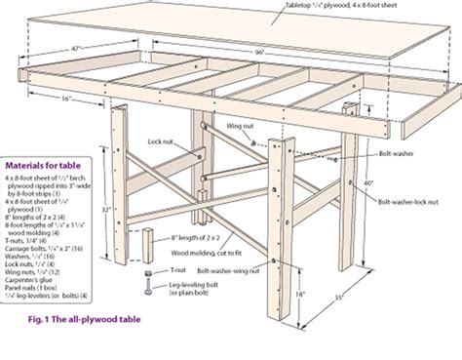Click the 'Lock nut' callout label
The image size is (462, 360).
pos(162,140)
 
